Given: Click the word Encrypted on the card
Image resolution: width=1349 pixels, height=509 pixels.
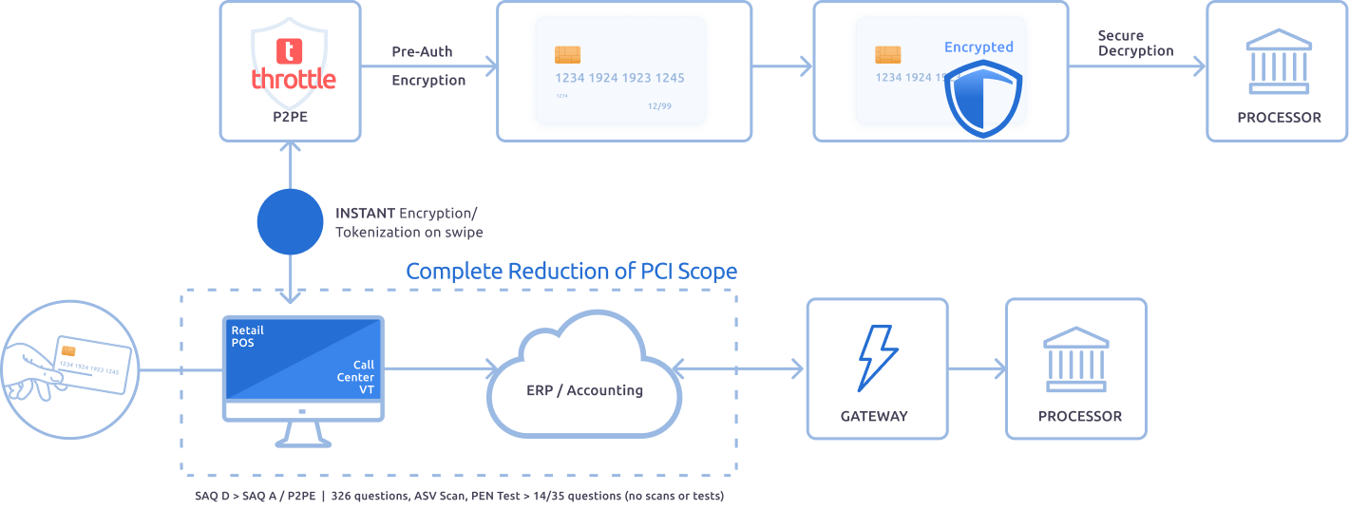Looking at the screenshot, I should coord(978,47).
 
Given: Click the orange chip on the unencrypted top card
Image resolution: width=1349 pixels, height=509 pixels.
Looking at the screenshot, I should coord(568,55).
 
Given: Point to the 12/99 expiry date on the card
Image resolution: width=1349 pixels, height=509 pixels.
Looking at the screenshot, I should coord(658,105).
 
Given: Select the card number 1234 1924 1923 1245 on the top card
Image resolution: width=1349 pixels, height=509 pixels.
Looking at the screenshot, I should coord(619,78).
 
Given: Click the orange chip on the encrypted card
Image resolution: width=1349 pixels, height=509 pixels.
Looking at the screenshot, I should coord(888,55).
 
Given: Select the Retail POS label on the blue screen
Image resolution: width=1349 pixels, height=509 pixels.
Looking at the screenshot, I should coord(248,337).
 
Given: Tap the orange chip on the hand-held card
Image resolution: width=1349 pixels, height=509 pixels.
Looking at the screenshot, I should coord(68,351).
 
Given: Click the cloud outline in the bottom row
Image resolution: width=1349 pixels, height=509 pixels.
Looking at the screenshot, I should coord(584,375).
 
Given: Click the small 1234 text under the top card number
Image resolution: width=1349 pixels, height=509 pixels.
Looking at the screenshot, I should coord(562,95).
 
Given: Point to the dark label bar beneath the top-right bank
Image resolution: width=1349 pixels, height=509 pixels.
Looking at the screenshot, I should coord(1286,125).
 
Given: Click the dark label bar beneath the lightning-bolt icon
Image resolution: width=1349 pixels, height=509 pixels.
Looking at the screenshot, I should coord(892,423).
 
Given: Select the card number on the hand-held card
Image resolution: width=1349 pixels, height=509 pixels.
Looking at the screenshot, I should coord(89,364).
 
